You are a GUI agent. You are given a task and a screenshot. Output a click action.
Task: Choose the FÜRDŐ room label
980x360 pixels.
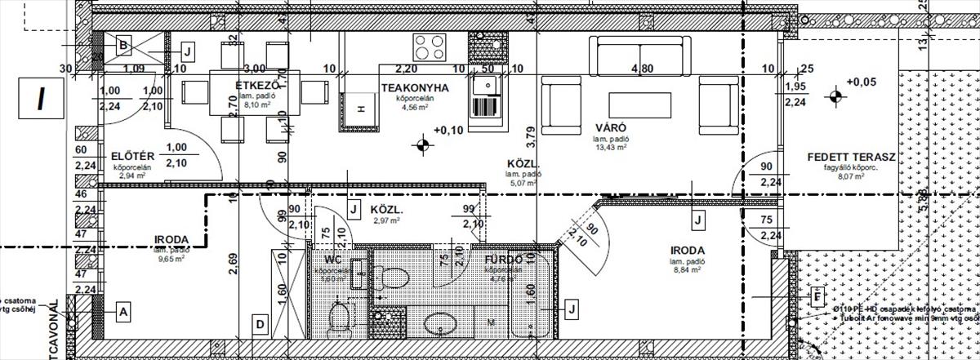click(x=503, y=259)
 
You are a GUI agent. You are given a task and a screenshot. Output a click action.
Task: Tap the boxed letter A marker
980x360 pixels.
click(x=122, y=311)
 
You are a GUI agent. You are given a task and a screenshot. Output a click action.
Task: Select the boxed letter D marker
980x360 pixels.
click(x=260, y=324)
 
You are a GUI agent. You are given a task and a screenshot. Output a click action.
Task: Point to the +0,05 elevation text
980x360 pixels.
click(x=861, y=82)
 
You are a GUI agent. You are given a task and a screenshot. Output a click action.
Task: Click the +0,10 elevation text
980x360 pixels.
click(x=448, y=130)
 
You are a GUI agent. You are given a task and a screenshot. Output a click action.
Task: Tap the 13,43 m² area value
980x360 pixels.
click(x=610, y=148)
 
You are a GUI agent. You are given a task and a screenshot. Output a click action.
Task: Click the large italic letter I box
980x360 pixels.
click(x=41, y=98)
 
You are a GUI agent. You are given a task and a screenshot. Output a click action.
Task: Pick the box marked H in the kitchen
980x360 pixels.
click(x=359, y=109)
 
